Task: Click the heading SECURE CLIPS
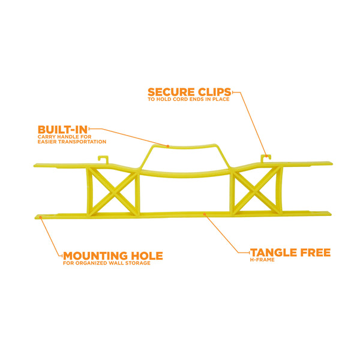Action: pyautogui.click(x=190, y=92)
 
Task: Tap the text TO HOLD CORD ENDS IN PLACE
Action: pyautogui.click(x=188, y=99)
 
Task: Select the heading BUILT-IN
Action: pyautogui.click(x=62, y=130)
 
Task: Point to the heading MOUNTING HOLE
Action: pyautogui.click(x=113, y=256)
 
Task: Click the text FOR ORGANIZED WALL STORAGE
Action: pyautogui.click(x=107, y=263)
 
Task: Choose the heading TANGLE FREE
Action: pyautogui.click(x=290, y=253)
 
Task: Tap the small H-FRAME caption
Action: pyautogui.click(x=262, y=260)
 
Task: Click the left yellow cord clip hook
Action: pyautogui.click(x=103, y=160)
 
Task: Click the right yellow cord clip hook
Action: pyautogui.click(x=266, y=158)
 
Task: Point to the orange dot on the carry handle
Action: pyautogui.click(x=168, y=146)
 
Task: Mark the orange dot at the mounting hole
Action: pyautogui.click(x=41, y=217)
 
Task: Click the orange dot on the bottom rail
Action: pyautogui.click(x=205, y=214)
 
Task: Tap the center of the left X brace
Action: pyautogui.click(x=113, y=191)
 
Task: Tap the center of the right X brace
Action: pyautogui.click(x=256, y=190)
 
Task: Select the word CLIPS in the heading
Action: pyautogui.click(x=214, y=92)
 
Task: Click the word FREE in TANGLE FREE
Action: pyautogui.click(x=316, y=253)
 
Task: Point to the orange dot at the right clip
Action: pyautogui.click(x=266, y=156)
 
